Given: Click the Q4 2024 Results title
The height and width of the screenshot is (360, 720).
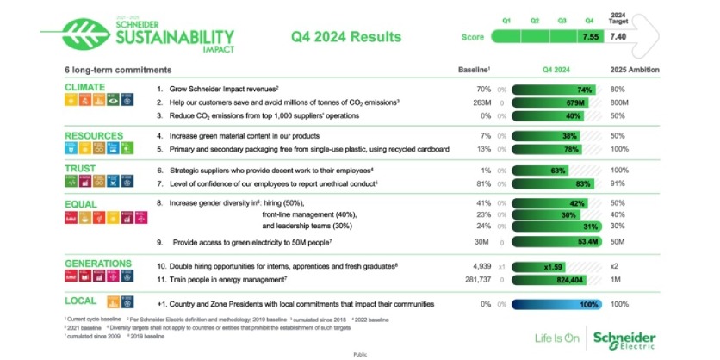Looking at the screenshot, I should (x=347, y=37).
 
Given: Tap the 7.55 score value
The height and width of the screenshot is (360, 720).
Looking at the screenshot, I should (x=590, y=37).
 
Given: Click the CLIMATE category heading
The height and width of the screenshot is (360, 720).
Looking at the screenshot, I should (x=84, y=88).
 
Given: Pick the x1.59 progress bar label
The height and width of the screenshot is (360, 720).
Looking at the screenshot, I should (x=554, y=267).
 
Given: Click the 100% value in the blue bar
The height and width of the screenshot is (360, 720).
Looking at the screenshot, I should (x=588, y=305).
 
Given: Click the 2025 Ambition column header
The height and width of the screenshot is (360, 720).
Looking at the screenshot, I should (x=634, y=69).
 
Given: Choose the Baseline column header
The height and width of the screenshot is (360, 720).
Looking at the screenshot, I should (x=473, y=69).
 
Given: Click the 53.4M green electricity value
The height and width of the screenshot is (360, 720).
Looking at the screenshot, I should (x=588, y=242).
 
